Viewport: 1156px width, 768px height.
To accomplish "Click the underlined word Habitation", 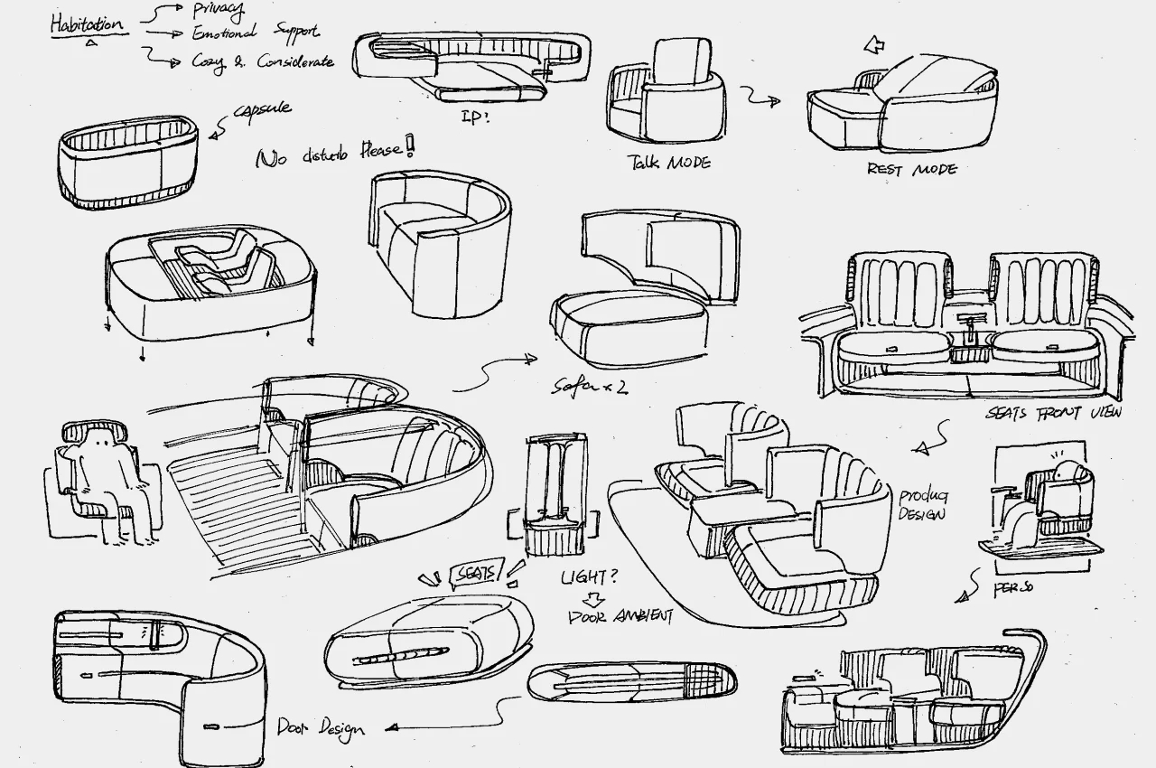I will coord(87,24).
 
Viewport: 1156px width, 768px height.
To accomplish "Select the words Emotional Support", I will coord(255,33).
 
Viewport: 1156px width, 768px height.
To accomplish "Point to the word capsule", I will coord(262,110).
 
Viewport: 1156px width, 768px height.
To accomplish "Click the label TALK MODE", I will coord(669,163).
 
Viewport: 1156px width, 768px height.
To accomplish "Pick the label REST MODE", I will coord(911,169).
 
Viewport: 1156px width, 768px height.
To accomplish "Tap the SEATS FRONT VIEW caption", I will coord(1053,413).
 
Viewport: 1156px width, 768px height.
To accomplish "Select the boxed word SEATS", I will coord(476,572).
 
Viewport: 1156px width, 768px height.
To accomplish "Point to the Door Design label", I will coord(321,726).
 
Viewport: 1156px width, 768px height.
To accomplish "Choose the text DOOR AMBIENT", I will coord(620,617).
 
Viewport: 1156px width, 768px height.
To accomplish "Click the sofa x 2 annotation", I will coord(590,387).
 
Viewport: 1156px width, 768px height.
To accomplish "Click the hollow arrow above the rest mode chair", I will coord(874,44).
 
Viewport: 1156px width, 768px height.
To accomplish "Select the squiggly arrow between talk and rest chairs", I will coord(760,98).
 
